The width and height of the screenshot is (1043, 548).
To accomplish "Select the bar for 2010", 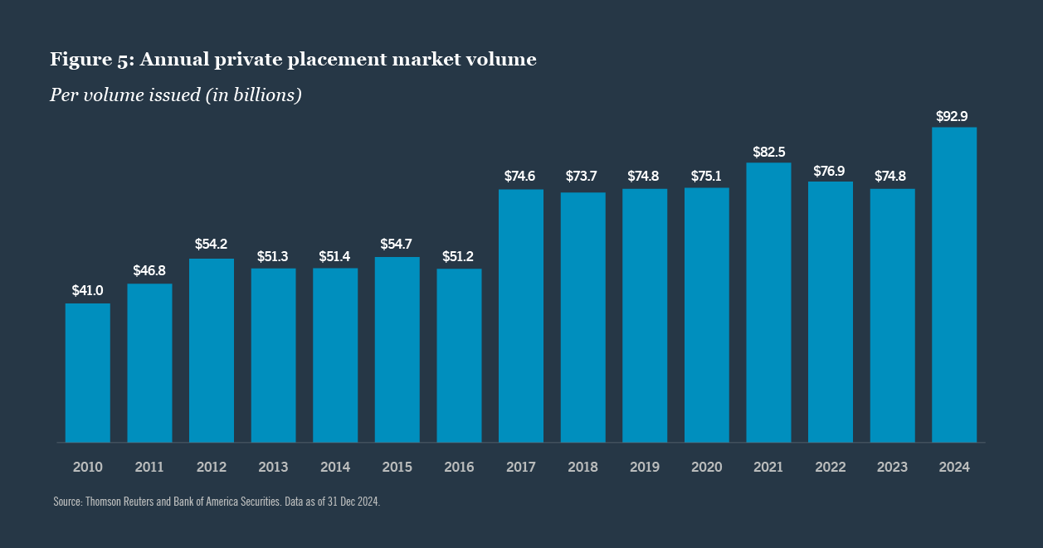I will click(88, 372).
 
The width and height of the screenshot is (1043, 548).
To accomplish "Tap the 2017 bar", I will click(521, 316).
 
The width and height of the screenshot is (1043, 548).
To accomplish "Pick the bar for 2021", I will click(768, 302).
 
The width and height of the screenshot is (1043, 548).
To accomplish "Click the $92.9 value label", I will click(953, 114).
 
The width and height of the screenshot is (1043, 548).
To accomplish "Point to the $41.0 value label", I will click(88, 290).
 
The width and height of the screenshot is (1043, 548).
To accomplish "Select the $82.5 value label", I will click(768, 152).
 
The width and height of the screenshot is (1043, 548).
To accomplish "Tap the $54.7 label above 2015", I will click(397, 245).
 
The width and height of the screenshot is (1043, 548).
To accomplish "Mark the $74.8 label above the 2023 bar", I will click(892, 176).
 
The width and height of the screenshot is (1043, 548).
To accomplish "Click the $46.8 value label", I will click(149, 271).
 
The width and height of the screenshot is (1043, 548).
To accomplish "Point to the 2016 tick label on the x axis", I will click(459, 468).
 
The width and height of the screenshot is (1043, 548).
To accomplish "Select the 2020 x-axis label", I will click(706, 468).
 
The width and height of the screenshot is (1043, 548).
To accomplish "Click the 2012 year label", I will click(212, 468).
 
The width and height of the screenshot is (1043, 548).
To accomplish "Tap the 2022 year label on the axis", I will click(830, 468).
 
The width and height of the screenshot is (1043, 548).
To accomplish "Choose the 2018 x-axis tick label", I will click(582, 468).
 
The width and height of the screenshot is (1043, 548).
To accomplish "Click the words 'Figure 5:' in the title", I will click(91, 60).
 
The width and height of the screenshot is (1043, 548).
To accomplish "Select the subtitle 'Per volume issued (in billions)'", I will click(175, 95).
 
